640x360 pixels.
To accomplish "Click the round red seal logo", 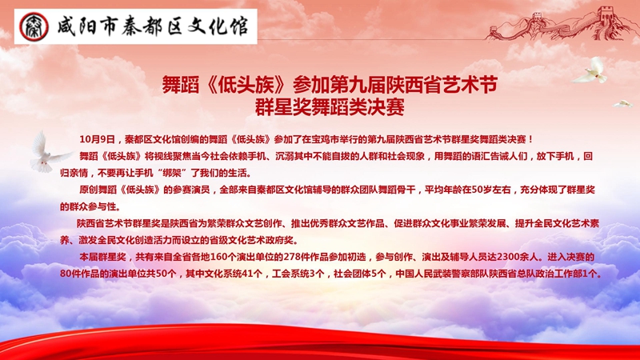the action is [x=34, y=27].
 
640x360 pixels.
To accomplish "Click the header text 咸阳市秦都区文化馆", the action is [x=152, y=27].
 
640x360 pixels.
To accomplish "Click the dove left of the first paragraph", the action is [x=48, y=152].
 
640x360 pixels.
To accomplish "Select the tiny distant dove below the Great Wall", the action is [x=622, y=104].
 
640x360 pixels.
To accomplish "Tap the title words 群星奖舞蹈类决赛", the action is [x=330, y=107].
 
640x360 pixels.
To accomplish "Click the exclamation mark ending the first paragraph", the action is [x=530, y=139].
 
